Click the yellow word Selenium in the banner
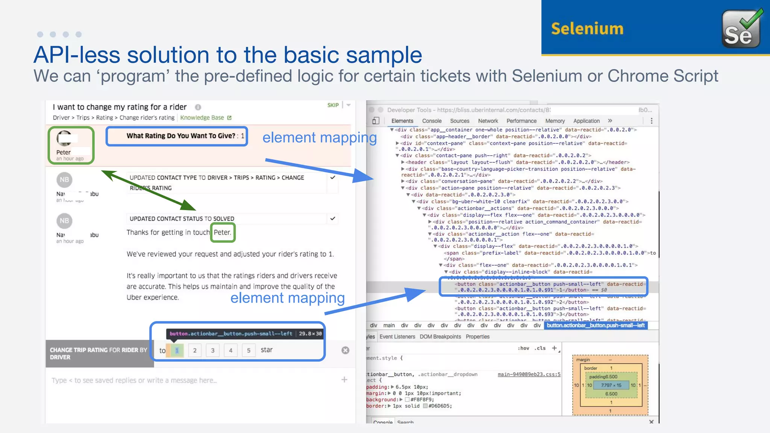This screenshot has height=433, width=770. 587,29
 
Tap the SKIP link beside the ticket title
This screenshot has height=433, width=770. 333,105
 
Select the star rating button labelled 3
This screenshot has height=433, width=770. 212,350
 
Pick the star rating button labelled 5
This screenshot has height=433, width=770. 249,350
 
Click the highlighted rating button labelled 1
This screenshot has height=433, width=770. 177,350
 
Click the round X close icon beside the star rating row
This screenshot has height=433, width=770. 345,350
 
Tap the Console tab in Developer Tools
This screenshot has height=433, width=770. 432,121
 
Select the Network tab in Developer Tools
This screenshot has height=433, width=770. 488,121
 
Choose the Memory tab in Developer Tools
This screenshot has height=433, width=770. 555,121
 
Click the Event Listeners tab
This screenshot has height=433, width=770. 397,337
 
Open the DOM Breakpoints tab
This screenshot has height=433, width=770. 440,337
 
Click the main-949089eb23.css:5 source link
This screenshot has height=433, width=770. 529,374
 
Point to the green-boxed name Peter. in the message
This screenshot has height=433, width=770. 223,232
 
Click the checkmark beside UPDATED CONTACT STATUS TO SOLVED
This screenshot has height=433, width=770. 333,218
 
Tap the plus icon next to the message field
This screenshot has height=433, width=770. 344,380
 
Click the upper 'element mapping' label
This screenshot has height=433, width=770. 319,138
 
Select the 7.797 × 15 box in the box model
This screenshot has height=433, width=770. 611,385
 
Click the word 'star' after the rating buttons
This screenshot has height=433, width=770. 267,350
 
